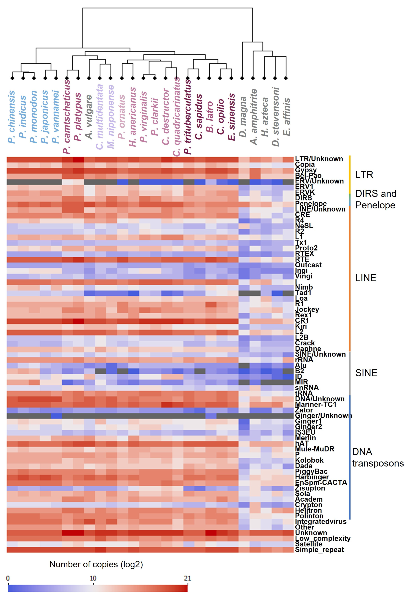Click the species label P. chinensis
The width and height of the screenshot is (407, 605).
11,117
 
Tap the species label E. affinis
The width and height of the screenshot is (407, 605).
287,117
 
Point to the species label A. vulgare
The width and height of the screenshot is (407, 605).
89,117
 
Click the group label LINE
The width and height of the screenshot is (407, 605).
365,278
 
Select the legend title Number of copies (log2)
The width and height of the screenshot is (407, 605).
96,564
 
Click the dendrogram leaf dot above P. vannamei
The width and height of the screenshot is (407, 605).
56,78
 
